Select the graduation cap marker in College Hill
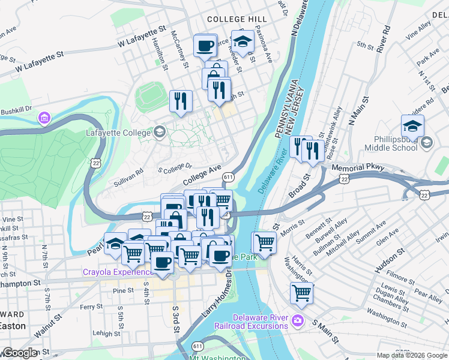pyautogui.click(x=242, y=41)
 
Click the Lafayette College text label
pyautogui.click(x=119, y=131)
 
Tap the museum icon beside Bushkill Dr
pyautogui.click(x=44, y=117)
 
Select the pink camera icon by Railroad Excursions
pyautogui.click(x=298, y=322)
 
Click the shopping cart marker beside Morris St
pyautogui.click(x=264, y=242)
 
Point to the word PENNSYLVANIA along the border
pyautogui.click(x=285, y=108)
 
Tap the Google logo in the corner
pyautogui.click(x=19, y=353)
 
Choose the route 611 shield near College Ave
pyautogui.click(x=228, y=177)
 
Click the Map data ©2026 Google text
pyautogui.click(x=412, y=355)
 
